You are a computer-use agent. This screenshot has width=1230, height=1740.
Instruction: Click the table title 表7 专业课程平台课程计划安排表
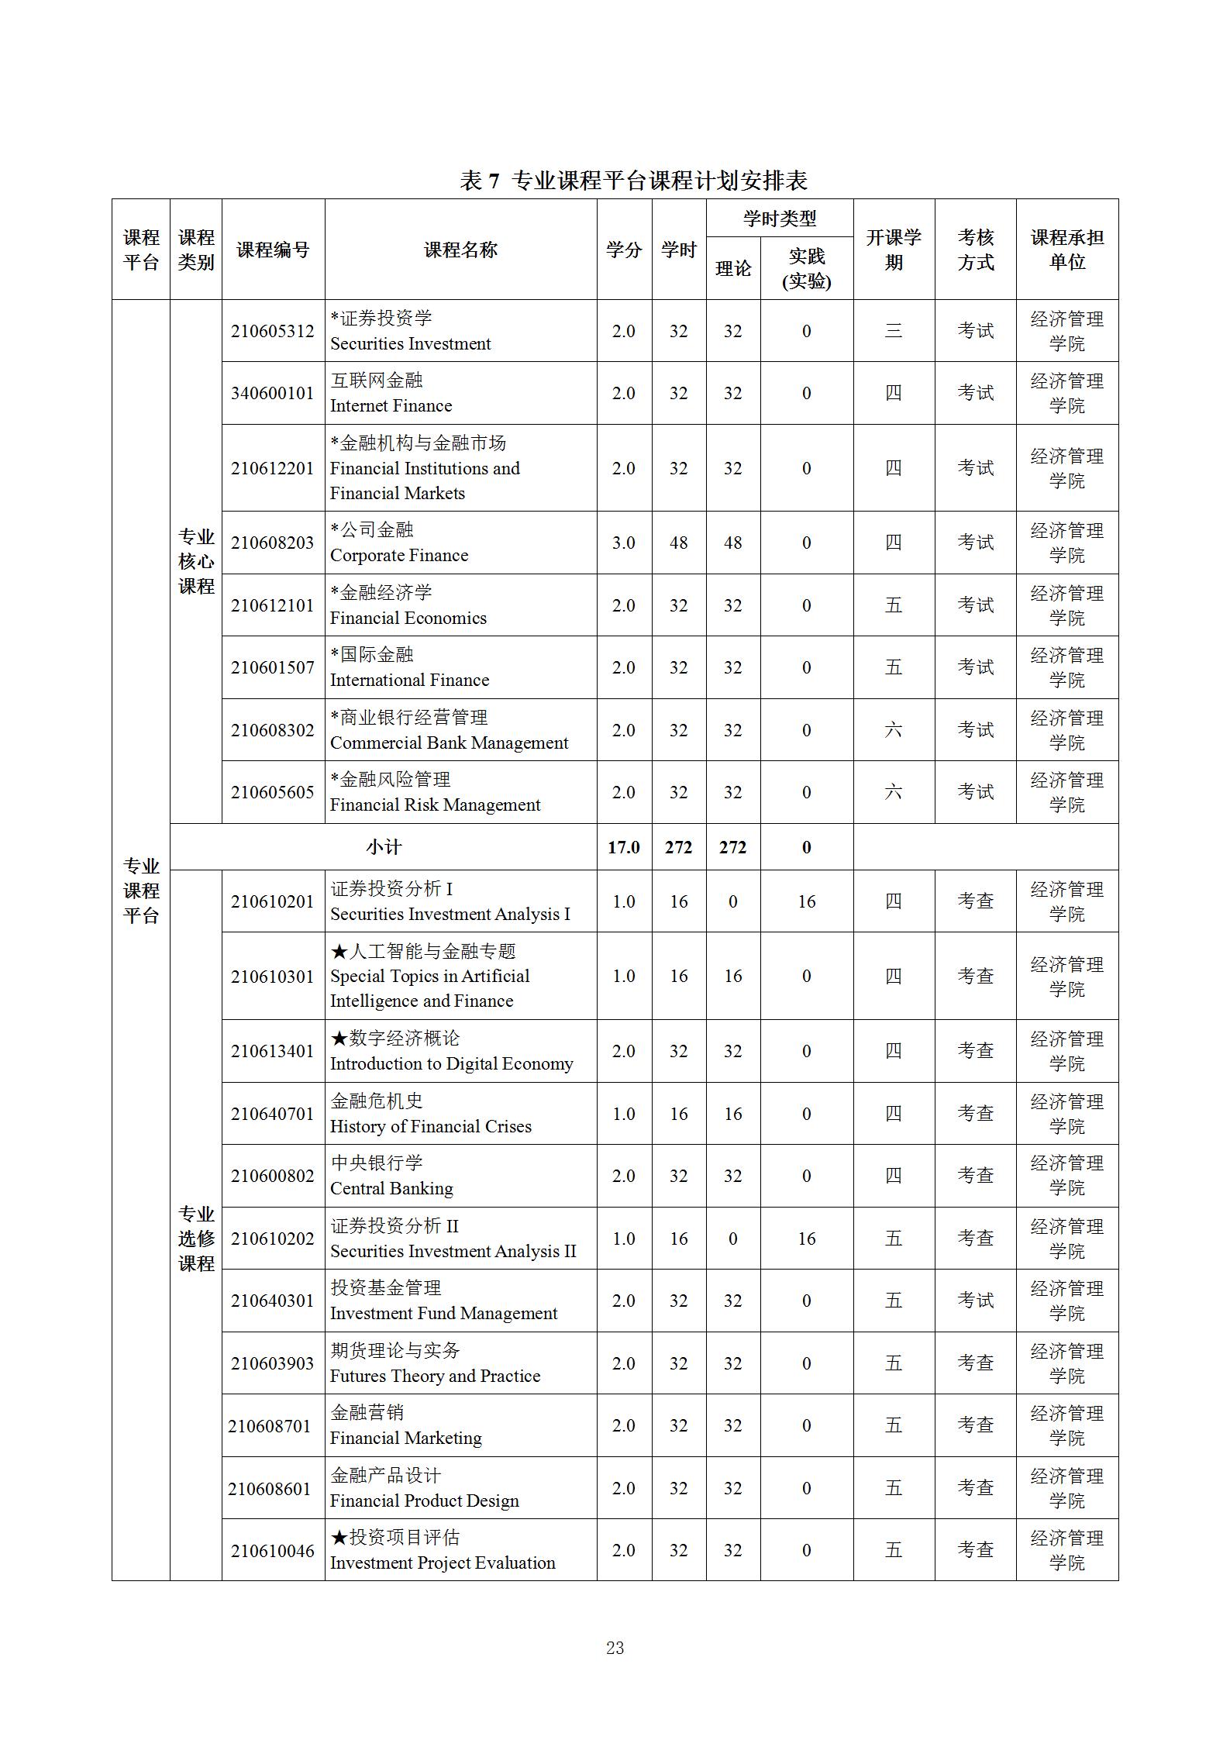[x=633, y=181]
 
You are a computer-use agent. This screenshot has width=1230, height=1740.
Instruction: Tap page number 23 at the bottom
[x=615, y=1648]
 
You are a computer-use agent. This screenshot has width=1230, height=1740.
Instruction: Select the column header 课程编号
[x=273, y=250]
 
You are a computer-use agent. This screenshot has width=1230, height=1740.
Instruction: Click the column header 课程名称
[x=460, y=250]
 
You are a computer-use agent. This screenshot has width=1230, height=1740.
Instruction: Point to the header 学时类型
[x=779, y=219]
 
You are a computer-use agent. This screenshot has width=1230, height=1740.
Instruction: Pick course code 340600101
[x=273, y=393]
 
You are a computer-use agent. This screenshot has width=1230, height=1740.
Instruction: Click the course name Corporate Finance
[x=399, y=555]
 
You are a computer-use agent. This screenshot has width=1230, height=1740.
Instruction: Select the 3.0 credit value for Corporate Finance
[x=624, y=543]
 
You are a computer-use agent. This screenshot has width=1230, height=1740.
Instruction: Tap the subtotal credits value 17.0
[x=624, y=847]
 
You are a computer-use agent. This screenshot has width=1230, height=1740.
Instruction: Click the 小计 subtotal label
[x=384, y=847]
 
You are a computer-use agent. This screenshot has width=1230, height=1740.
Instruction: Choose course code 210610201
[x=273, y=901]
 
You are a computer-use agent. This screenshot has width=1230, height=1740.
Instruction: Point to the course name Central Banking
[x=391, y=1188]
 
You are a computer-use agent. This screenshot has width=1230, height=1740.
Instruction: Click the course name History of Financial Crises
[x=431, y=1126]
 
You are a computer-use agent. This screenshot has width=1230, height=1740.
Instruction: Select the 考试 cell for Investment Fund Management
[x=975, y=1301]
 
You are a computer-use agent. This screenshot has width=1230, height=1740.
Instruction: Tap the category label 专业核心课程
[x=196, y=561]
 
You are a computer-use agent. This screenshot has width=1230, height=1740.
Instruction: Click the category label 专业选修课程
[x=196, y=1239]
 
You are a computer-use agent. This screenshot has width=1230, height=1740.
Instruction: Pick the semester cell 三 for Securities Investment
[x=894, y=331]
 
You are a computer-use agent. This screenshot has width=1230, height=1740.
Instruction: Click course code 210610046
[x=273, y=1550]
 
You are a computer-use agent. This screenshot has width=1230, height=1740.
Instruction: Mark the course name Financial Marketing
[x=405, y=1438]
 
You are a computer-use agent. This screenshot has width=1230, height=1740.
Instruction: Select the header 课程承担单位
[x=1066, y=250]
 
